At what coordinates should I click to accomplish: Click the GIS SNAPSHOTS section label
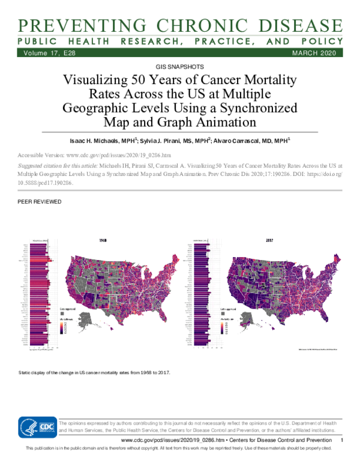[180, 67]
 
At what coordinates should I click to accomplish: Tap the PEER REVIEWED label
[41, 202]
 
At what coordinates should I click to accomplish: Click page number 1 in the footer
[341, 441]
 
